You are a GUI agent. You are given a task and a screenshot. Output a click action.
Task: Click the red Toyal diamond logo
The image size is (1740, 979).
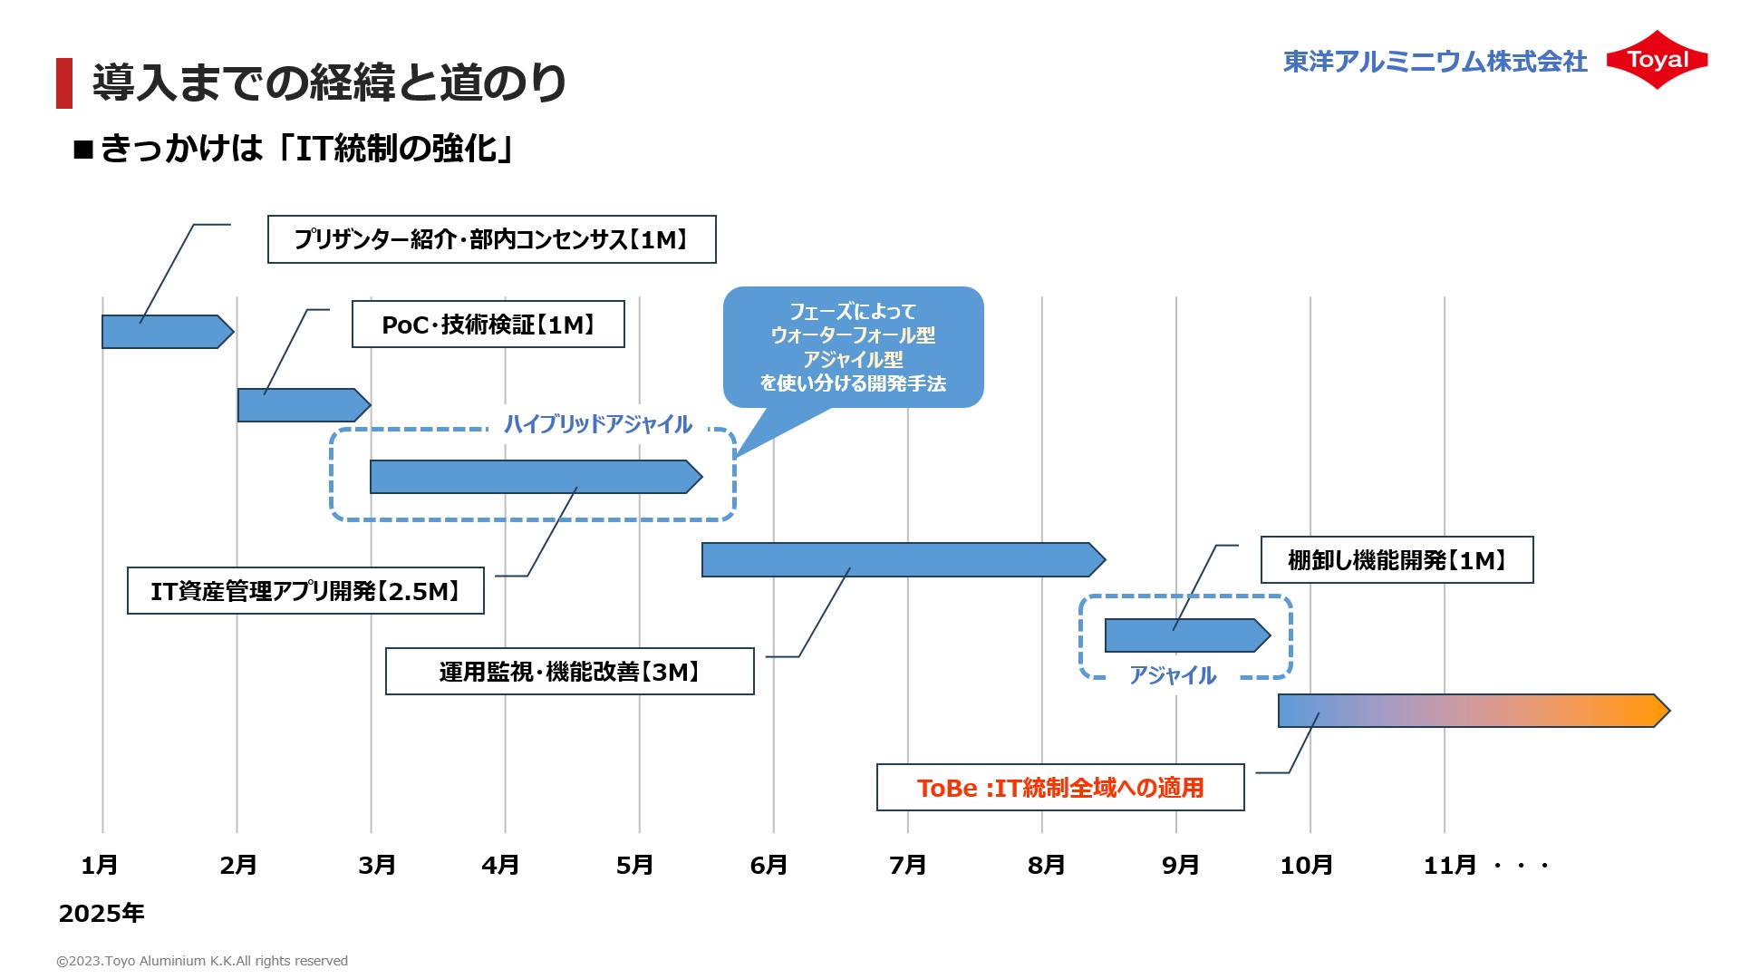(x=1657, y=60)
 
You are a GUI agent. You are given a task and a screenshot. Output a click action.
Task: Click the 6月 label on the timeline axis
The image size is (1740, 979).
(x=768, y=865)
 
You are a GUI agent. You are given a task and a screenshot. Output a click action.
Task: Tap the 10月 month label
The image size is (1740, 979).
(x=1306, y=865)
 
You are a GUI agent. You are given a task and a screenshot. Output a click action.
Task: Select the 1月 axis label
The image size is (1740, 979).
(x=100, y=865)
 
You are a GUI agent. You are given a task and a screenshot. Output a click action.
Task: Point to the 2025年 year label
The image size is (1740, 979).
(x=101, y=913)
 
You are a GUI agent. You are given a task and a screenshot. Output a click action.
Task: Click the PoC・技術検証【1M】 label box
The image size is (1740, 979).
(x=488, y=325)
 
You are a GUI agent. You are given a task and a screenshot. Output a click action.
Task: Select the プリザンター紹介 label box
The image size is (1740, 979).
(x=491, y=239)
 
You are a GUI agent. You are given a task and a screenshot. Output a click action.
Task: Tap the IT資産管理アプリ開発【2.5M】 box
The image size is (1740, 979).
(x=305, y=591)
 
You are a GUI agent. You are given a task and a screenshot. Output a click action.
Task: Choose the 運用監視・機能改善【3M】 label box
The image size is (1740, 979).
(x=569, y=672)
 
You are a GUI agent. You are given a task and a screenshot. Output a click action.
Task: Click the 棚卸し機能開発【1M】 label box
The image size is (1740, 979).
(x=1397, y=560)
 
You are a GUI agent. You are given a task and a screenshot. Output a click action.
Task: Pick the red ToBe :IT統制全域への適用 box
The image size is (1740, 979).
(x=1060, y=788)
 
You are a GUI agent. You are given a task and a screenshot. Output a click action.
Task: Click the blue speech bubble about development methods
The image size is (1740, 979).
(x=853, y=347)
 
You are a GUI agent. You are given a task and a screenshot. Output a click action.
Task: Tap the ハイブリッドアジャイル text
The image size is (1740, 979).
(x=598, y=424)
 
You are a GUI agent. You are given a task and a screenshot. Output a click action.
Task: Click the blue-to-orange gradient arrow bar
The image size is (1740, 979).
(x=1473, y=711)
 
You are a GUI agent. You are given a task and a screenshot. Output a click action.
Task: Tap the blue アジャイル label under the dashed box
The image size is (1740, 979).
(x=1173, y=675)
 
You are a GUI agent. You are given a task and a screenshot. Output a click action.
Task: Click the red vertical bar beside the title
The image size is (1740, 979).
(x=64, y=83)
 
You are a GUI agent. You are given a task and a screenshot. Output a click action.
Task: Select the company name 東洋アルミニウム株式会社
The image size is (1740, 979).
(x=1435, y=61)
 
